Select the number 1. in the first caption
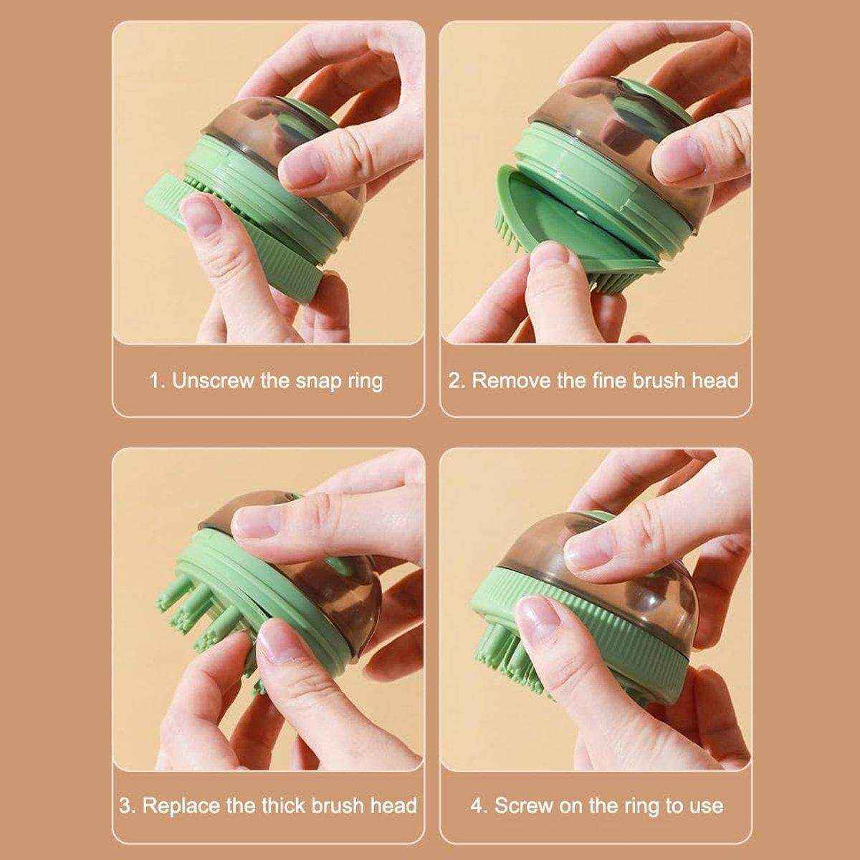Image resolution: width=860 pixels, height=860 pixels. click(x=157, y=380)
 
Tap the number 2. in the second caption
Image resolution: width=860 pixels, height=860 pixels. click(x=457, y=380)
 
